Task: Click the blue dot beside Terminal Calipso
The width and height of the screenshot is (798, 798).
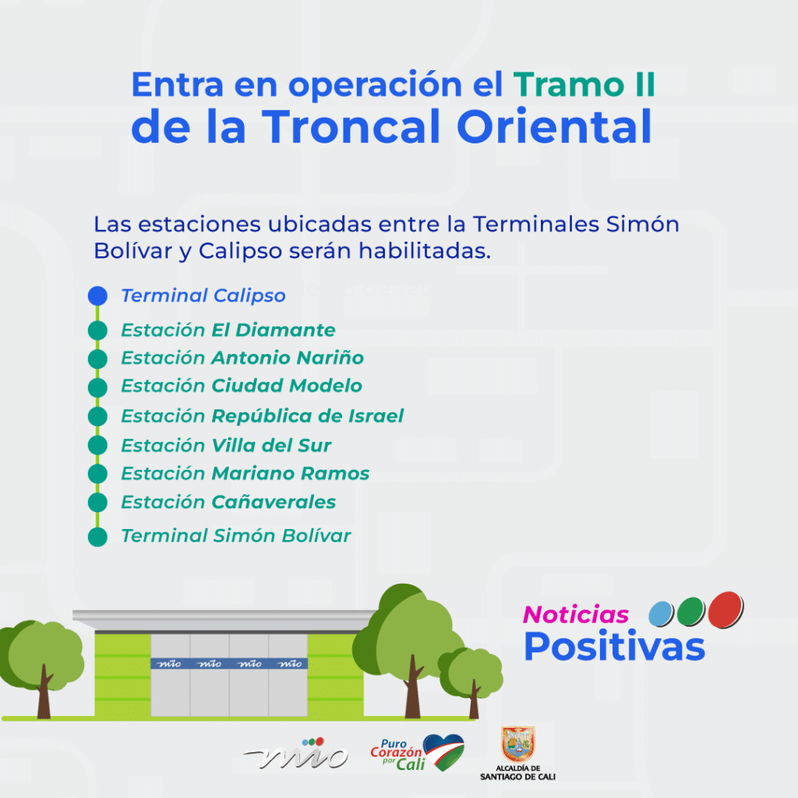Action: pyautogui.click(x=97, y=295)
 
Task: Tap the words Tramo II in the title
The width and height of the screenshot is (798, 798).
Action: pyautogui.click(x=584, y=84)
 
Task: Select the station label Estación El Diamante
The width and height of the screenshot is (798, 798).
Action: pyautogui.click(x=228, y=330)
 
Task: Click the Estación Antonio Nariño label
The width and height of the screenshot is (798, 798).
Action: pyautogui.click(x=242, y=358)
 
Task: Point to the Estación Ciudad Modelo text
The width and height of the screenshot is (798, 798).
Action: pyautogui.click(x=242, y=386)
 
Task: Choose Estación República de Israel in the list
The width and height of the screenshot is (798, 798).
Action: pyautogui.click(x=262, y=416)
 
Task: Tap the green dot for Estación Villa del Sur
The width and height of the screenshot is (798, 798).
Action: pyautogui.click(x=97, y=445)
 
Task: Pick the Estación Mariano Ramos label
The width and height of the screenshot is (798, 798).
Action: pyautogui.click(x=245, y=473)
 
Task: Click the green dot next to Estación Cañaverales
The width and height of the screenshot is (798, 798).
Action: pyautogui.click(x=97, y=503)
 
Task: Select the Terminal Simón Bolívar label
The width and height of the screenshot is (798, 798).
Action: pyautogui.click(x=236, y=536)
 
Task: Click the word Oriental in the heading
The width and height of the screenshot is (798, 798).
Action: pyautogui.click(x=554, y=126)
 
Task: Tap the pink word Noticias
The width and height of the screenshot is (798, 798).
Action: pyautogui.click(x=576, y=615)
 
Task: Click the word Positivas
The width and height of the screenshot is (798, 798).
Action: pyautogui.click(x=614, y=646)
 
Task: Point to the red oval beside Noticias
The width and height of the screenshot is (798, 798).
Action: pyautogui.click(x=726, y=609)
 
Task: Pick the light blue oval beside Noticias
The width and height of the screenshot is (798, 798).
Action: pyautogui.click(x=661, y=614)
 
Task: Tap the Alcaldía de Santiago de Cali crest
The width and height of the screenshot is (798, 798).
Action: pyautogui.click(x=518, y=744)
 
